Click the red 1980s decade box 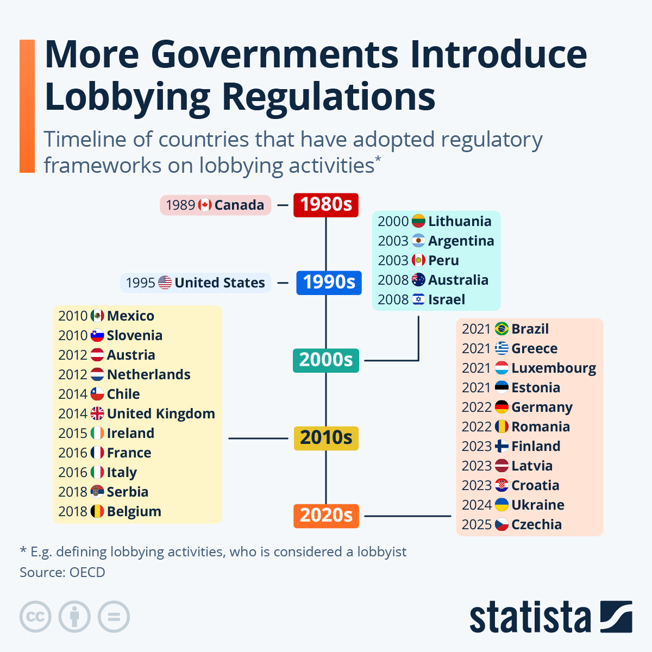pos(326,205)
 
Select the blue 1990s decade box pos(329,283)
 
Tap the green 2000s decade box pos(325,360)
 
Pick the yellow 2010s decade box pos(326,438)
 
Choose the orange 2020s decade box pos(326,516)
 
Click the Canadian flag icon pos(205,205)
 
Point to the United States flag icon pos(165,283)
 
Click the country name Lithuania pos(460,222)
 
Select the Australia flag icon pos(418,280)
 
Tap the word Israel pos(447,300)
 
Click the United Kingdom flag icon pos(97,414)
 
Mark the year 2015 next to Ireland pos(73,434)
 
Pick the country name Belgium pos(134,512)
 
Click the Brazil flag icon pos(501,329)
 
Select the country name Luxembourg pos(554,368)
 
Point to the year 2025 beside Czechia pos(477,525)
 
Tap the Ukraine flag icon pos(501,505)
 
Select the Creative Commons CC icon pos(35,617)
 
